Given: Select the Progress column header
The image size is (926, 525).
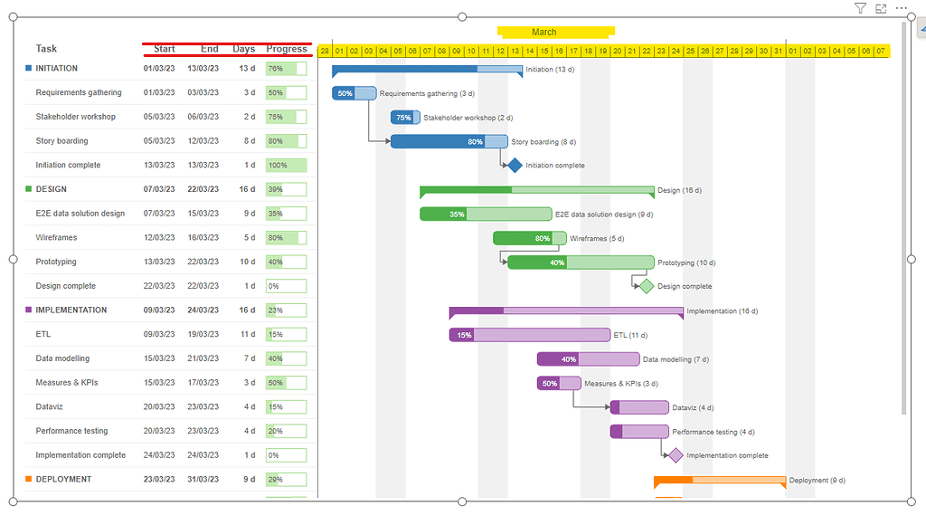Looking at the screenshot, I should click(x=287, y=49).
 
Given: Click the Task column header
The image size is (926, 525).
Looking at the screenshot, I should click(x=46, y=49).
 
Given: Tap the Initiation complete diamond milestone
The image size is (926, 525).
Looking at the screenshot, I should click(x=515, y=166).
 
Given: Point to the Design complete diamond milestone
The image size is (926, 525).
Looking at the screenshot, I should click(x=646, y=286).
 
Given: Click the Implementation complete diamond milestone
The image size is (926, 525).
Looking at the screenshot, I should click(x=675, y=455).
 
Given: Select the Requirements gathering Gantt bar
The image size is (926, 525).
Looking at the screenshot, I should click(x=354, y=93).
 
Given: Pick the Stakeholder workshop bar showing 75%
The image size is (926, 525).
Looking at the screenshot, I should click(x=405, y=118).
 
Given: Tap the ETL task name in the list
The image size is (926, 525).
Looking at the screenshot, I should click(x=43, y=334).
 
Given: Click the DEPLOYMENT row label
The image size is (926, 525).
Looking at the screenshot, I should click(x=63, y=479).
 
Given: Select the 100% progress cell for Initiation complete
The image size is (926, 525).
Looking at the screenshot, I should click(x=286, y=166).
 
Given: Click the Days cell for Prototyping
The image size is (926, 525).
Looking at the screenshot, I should click(x=247, y=262).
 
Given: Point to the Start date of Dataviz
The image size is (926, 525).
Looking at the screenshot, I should click(x=159, y=406).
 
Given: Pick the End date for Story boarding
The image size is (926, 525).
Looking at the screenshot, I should click(x=203, y=141).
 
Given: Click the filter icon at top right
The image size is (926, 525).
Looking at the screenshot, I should click(x=860, y=8).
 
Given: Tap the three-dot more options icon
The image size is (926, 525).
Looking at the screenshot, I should click(x=901, y=8).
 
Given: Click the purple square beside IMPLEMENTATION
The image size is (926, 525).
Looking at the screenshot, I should click(x=29, y=310).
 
